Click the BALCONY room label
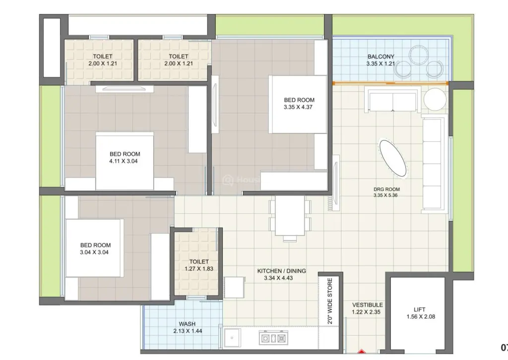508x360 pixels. (x=381, y=57)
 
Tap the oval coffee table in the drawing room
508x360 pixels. (x=393, y=159)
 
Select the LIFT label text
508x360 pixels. (x=420, y=309)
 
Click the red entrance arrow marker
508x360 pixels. (x=362, y=351)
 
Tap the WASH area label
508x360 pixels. (x=187, y=324)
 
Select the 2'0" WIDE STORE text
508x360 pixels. (x=330, y=301)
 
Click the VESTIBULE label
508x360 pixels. (x=368, y=305)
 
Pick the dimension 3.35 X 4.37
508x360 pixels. (x=298, y=107)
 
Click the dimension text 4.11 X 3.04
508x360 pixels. (x=124, y=161)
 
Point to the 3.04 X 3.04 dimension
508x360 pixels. (x=94, y=252)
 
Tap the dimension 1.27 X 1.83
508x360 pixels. (x=199, y=269)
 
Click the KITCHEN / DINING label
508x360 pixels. (x=282, y=271)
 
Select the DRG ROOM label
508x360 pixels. (x=386, y=189)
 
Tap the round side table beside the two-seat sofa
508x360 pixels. (x=435, y=100)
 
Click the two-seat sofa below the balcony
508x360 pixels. (x=393, y=100)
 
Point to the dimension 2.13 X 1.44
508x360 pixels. (x=188, y=331)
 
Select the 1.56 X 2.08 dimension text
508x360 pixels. (x=421, y=317)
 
